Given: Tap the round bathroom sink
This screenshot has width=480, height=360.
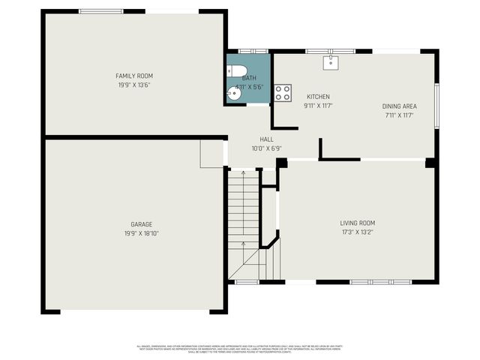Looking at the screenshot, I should pyautogui.click(x=232, y=94).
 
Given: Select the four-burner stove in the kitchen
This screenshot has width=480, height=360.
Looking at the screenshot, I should pyautogui.click(x=283, y=92).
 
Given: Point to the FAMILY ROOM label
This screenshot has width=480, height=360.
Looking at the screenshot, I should pyautogui.click(x=134, y=76).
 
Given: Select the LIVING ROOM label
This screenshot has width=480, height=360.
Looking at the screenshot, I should pyautogui.click(x=357, y=223).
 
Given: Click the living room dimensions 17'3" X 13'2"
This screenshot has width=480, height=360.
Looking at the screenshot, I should pyautogui.click(x=357, y=232).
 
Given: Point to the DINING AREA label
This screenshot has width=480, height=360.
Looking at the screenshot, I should pyautogui.click(x=400, y=106).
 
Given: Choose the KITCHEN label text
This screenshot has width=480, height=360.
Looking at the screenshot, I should pyautogui.click(x=318, y=97).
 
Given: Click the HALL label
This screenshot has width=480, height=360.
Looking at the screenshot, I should pyautogui.click(x=266, y=139).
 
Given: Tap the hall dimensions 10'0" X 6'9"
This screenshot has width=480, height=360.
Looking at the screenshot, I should pyautogui.click(x=266, y=148).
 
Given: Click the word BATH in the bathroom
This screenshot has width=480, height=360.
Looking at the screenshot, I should pyautogui.click(x=249, y=78).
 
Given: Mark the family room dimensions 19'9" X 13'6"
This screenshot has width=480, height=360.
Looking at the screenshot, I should pyautogui.click(x=134, y=85).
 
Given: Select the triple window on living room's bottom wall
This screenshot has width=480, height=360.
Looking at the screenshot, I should pyautogui.click(x=381, y=282).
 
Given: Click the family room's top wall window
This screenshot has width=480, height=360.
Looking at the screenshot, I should pyautogui.click(x=101, y=11).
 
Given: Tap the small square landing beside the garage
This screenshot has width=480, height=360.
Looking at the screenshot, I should pyautogui.click(x=211, y=154).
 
